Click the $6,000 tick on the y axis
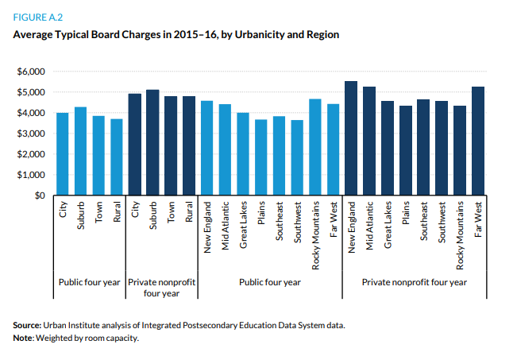33,72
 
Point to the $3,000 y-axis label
33,134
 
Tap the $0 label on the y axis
38,195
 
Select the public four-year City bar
62,154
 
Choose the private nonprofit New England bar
351,138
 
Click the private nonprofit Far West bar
478,141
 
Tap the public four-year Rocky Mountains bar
315,147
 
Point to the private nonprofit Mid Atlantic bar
369,141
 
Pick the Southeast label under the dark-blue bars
424,226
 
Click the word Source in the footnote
29,326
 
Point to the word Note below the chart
25,338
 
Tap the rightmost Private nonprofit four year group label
415,282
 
